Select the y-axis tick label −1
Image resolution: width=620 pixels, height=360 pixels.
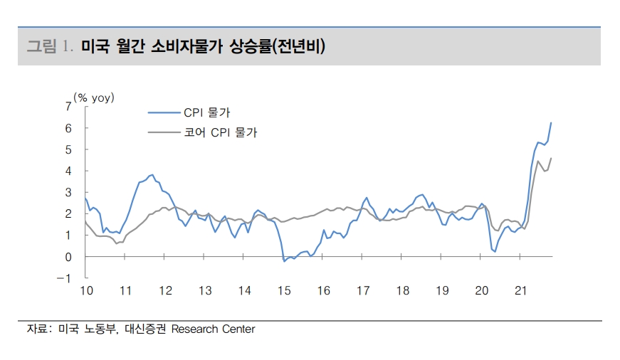click(x=65, y=278)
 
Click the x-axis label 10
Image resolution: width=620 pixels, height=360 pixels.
click(x=85, y=290)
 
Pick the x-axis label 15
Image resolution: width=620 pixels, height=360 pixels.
click(x=284, y=290)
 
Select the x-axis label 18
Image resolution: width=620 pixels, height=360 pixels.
click(x=403, y=290)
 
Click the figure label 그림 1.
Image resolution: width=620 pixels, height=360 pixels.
click(x=50, y=47)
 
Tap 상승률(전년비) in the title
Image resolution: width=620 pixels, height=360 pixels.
click(x=277, y=47)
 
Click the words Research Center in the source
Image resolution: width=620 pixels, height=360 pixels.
click(x=213, y=329)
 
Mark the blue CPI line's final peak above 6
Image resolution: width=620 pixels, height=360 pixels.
click(x=551, y=123)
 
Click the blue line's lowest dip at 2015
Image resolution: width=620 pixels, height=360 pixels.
click(x=285, y=261)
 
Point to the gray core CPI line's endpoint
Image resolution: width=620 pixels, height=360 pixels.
click(x=551, y=158)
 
